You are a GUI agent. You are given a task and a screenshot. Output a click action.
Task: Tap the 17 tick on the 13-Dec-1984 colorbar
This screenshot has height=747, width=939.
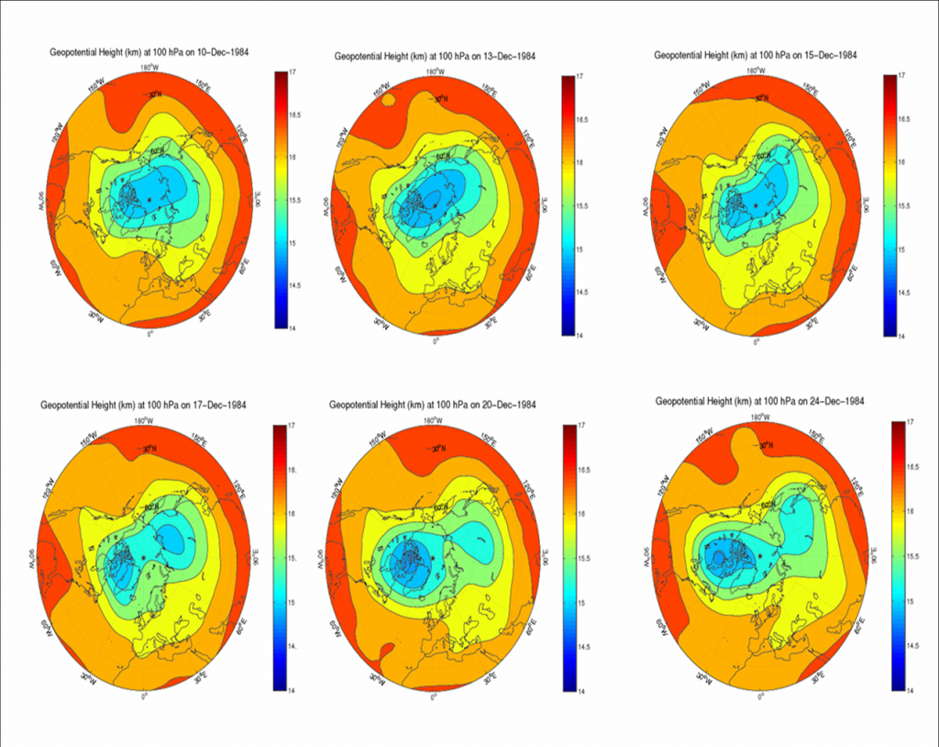pyautogui.click(x=582, y=78)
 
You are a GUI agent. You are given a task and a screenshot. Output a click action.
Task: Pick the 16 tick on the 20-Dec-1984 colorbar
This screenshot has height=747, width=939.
pyautogui.click(x=582, y=514)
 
